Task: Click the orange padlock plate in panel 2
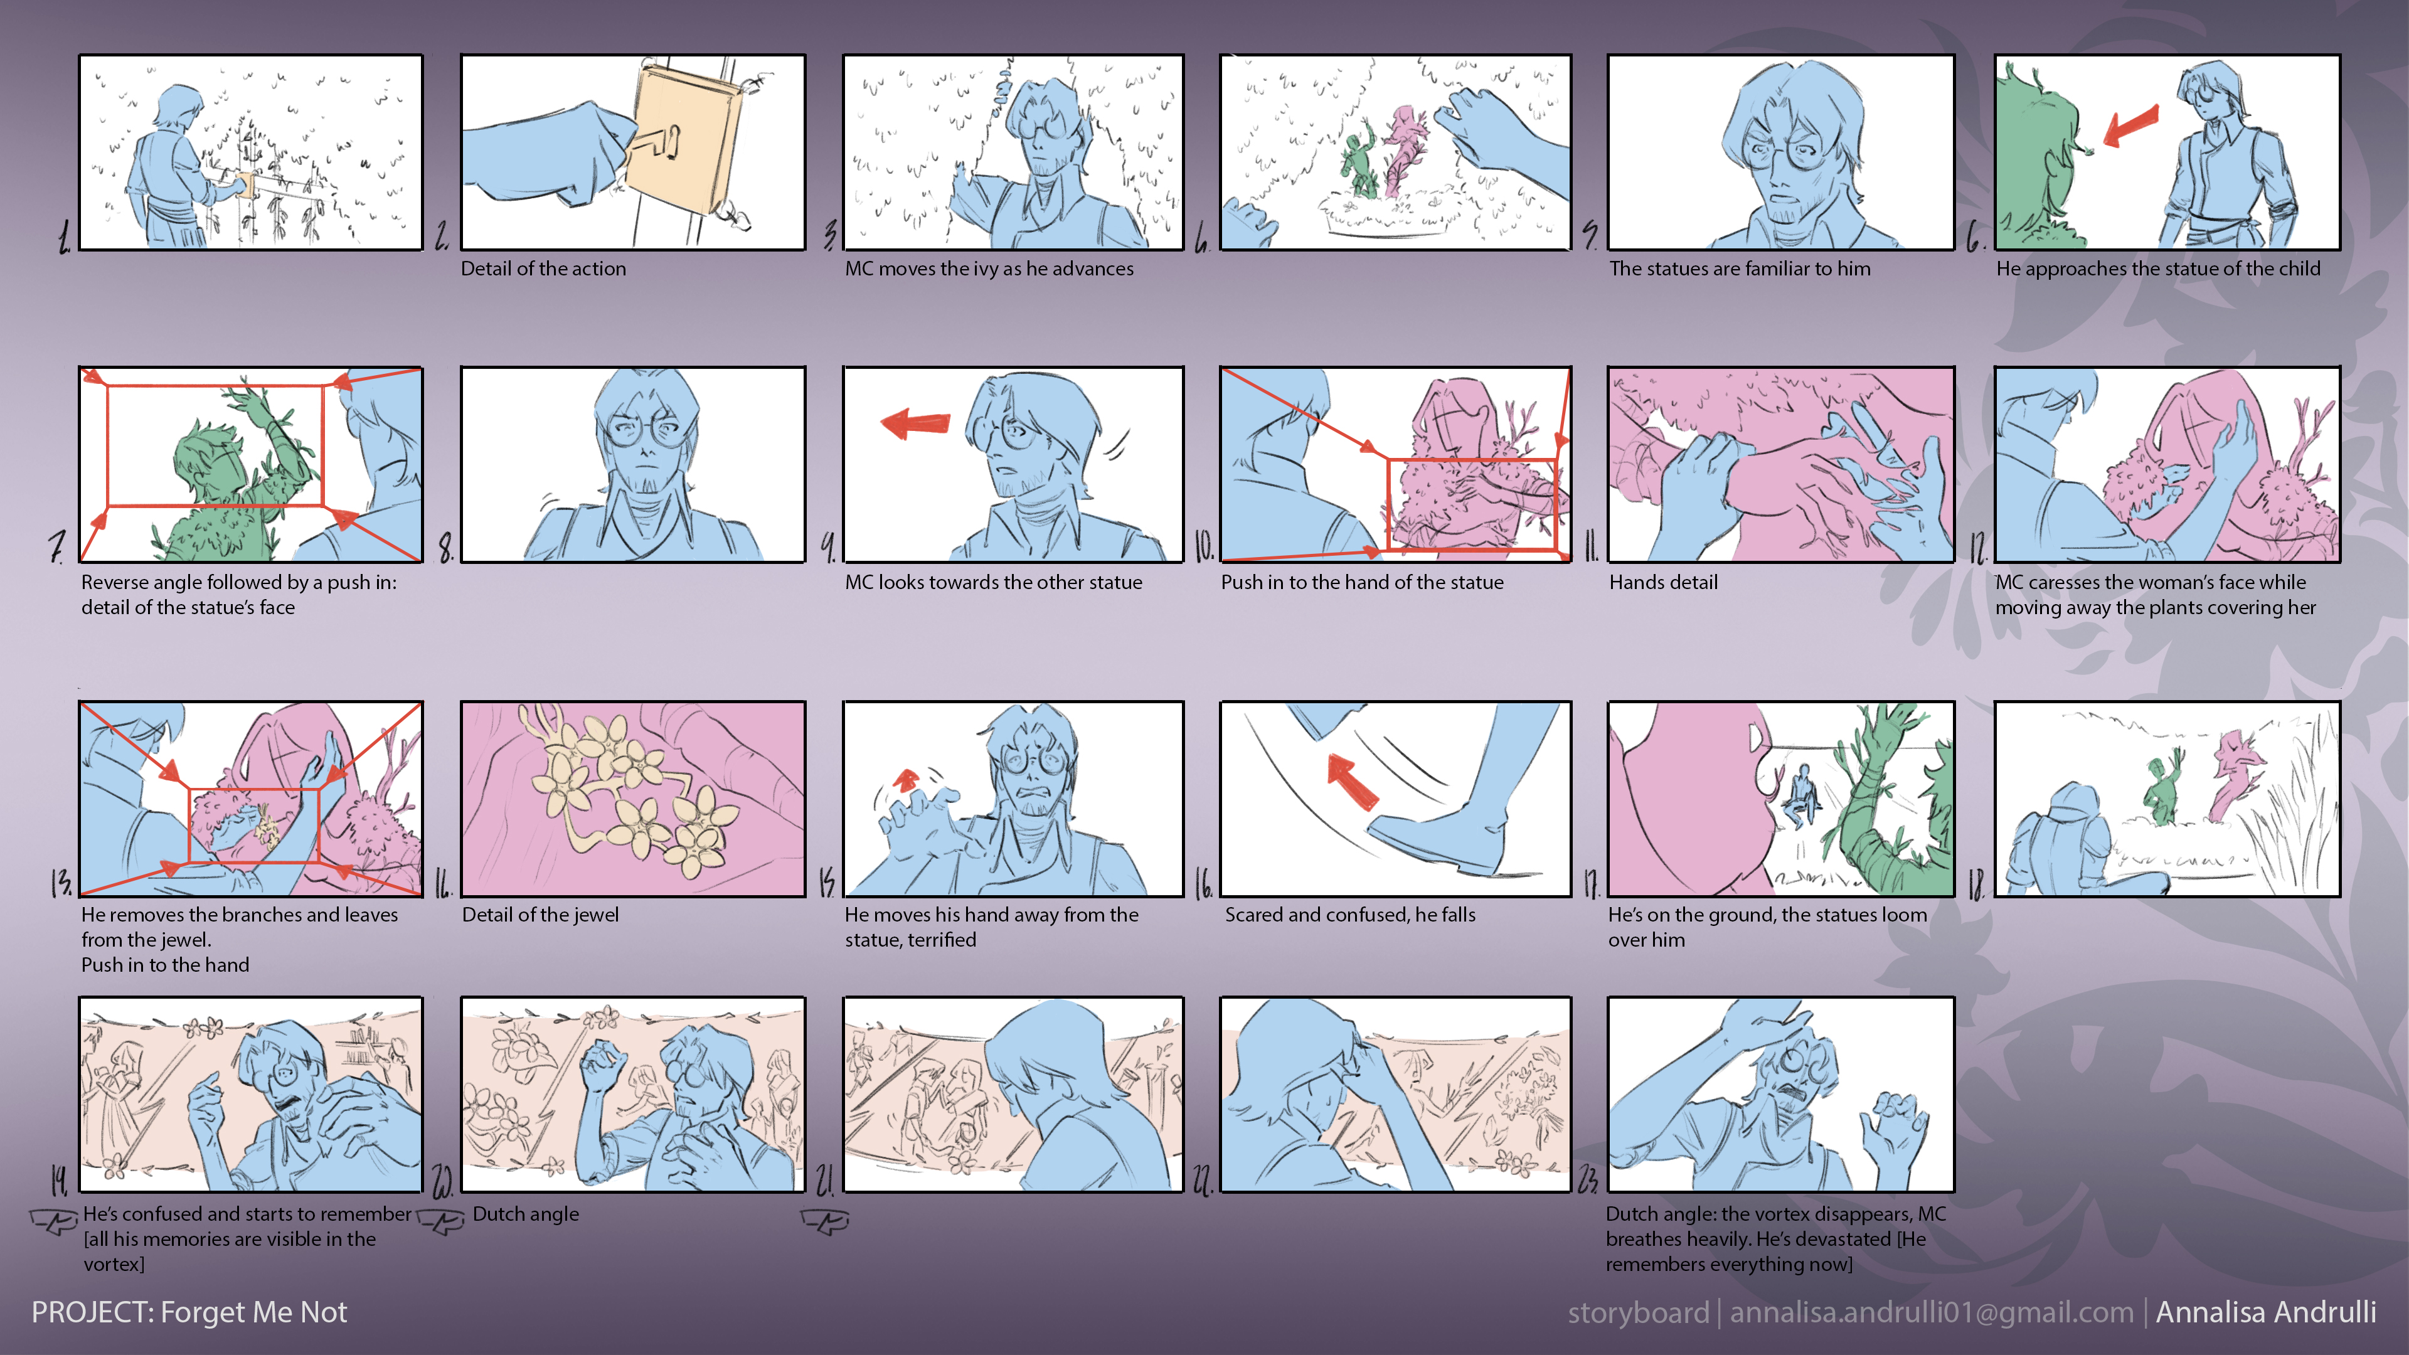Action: (688, 135)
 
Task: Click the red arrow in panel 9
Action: (915, 423)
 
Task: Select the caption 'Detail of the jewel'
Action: (541, 915)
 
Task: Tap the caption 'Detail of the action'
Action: (543, 268)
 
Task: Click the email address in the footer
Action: (1931, 1312)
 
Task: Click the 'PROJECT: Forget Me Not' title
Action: (189, 1312)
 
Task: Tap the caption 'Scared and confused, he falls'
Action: (1351, 915)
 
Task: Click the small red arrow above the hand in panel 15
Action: (905, 780)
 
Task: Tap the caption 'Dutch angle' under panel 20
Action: (526, 1214)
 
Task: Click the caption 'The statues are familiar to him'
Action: (1740, 268)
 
